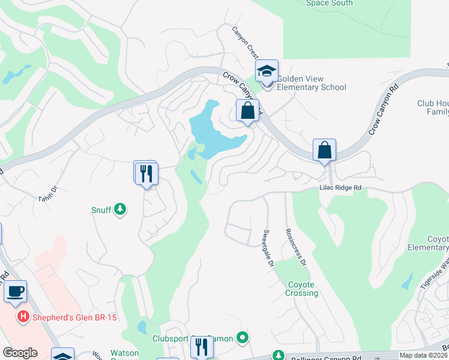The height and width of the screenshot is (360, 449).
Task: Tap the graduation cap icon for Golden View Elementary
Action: [267, 71]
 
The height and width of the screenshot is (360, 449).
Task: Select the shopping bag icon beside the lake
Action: [247, 110]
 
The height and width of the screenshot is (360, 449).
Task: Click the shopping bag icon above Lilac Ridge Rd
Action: [324, 150]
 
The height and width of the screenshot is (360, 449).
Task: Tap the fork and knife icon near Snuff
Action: [146, 173]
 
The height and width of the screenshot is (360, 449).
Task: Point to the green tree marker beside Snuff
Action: [121, 209]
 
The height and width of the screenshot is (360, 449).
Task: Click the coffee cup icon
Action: [15, 292]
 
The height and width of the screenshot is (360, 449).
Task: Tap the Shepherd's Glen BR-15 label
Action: [65, 316]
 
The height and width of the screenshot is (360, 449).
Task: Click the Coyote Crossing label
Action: [302, 289]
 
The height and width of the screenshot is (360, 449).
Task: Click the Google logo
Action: [20, 353]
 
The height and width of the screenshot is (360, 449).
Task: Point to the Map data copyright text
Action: [424, 355]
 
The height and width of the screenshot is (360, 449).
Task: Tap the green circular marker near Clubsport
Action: [243, 338]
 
